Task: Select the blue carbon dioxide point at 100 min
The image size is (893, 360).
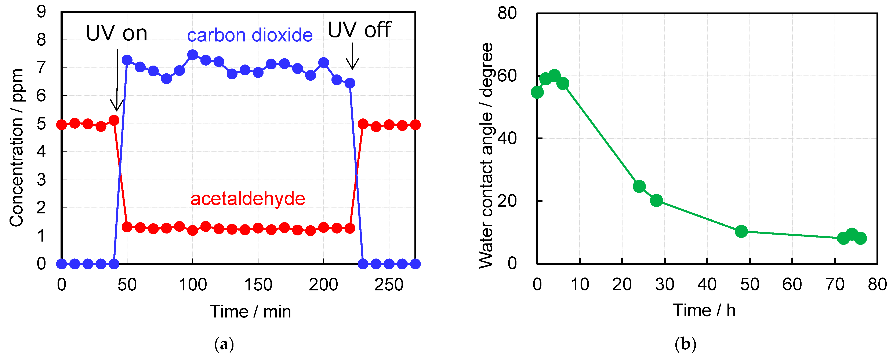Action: tap(192, 55)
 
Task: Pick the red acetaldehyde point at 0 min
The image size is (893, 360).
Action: tap(62, 124)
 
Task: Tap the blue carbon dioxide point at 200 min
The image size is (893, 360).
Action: tap(323, 63)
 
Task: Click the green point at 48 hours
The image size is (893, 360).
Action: tap(741, 231)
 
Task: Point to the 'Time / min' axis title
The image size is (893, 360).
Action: tap(250, 312)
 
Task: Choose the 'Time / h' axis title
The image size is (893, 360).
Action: tap(704, 310)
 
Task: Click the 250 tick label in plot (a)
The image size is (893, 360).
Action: tap(389, 285)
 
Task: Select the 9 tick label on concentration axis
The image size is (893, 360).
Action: tap(41, 12)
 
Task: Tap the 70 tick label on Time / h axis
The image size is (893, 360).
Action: tap(835, 285)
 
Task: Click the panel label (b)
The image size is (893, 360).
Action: tap(685, 344)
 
